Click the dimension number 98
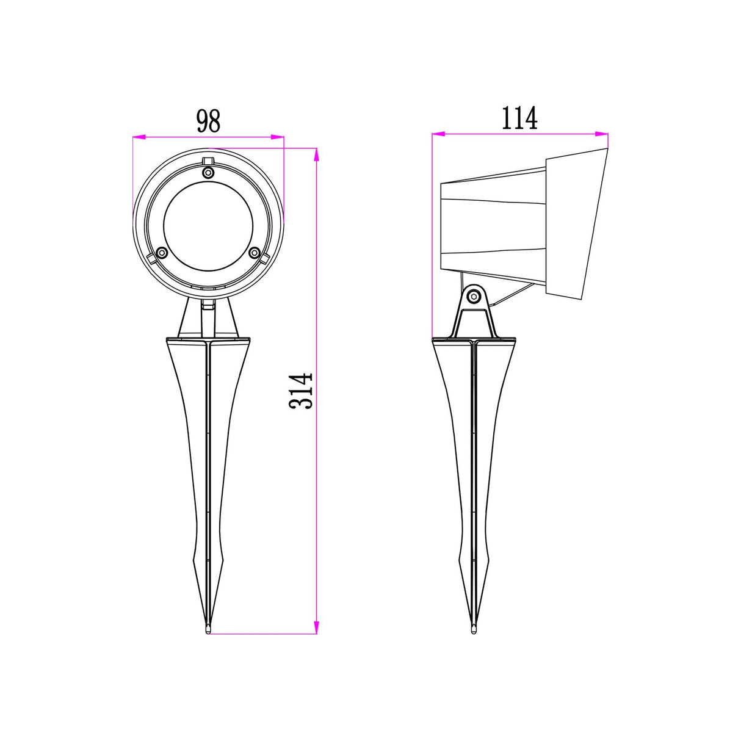(208, 121)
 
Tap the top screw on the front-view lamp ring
(208, 173)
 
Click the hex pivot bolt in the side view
(474, 297)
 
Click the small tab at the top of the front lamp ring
(208, 161)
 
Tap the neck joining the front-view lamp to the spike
(208, 318)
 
